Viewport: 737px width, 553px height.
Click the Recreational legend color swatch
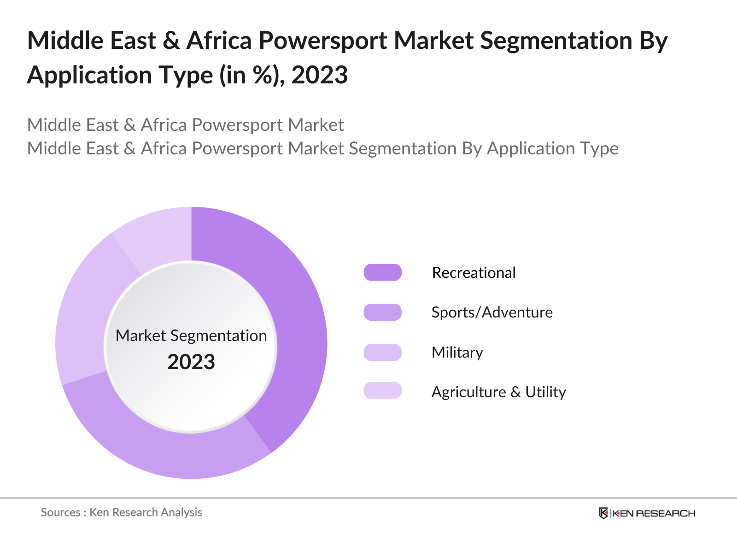tap(382, 272)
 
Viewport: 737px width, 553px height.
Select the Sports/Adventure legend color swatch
tap(382, 312)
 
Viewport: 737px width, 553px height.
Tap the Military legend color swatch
tap(382, 352)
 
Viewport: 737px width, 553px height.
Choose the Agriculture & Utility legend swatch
tap(382, 390)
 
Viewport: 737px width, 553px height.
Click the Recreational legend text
tap(474, 273)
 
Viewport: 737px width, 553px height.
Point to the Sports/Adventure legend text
tap(491, 312)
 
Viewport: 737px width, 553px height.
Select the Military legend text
tap(457, 353)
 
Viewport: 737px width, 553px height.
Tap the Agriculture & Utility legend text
tap(498, 392)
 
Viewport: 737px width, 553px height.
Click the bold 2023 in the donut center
tap(191, 362)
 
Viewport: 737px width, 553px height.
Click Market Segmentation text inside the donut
tap(191, 336)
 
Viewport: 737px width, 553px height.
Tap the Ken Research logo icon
tap(603, 513)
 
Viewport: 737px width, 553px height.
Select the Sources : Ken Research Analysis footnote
tap(121, 512)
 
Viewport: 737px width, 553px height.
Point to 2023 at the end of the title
tap(319, 75)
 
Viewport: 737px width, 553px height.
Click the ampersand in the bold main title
tap(171, 41)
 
